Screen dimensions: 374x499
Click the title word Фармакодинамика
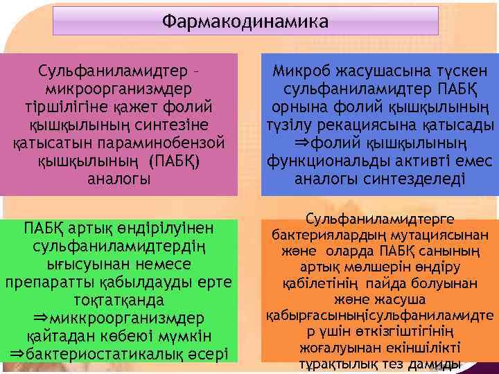[245, 22]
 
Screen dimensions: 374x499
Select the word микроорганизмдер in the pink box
[119, 89]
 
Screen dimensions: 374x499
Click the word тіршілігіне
[67, 107]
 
